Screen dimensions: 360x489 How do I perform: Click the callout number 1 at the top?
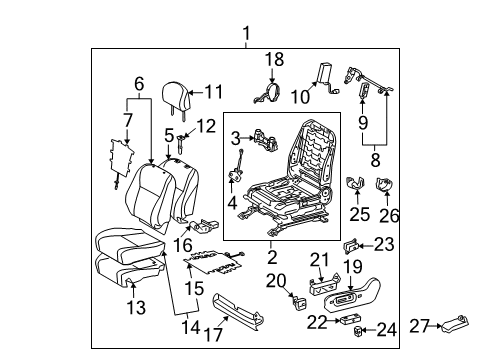click(246, 36)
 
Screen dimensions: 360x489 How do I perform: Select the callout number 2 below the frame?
click(274, 257)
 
